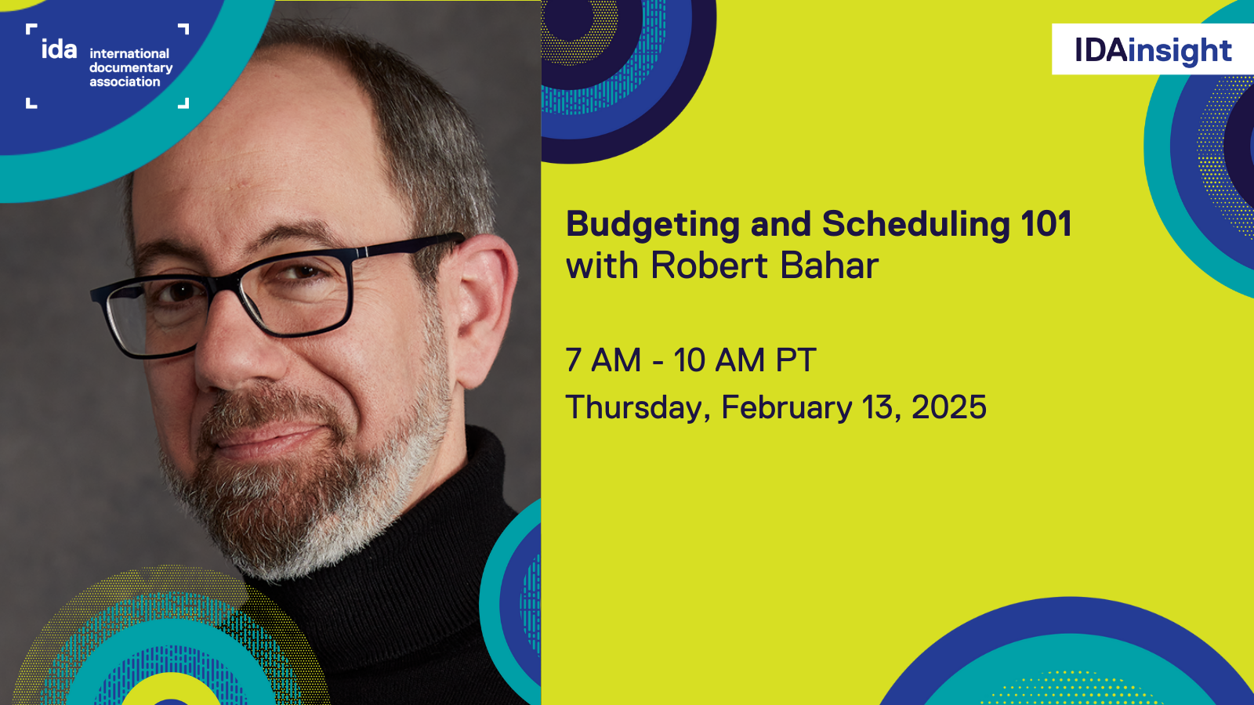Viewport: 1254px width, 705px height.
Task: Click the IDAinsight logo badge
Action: [1153, 49]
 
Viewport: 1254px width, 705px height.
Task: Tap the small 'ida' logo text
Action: [59, 49]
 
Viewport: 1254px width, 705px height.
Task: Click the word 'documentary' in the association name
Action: [131, 68]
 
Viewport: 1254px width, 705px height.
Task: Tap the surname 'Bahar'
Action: [829, 266]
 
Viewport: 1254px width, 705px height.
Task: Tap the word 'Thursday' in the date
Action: [634, 408]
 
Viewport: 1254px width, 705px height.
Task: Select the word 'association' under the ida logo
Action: [125, 81]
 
